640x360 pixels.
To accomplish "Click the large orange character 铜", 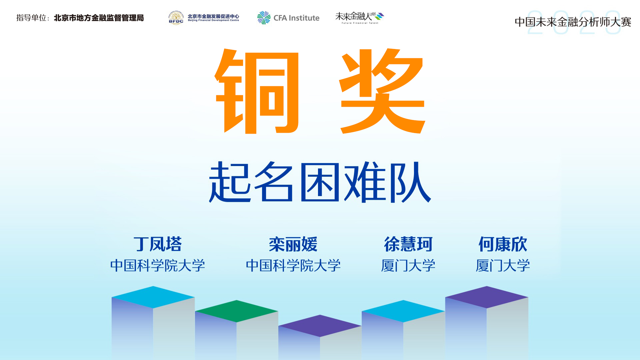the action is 257,91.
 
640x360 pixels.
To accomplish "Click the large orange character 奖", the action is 382,91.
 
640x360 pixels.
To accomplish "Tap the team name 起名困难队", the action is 320,182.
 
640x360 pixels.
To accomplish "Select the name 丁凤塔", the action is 158,244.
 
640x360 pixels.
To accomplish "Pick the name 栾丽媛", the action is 293,244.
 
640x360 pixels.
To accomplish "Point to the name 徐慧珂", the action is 408,244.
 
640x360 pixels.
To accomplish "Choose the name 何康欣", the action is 503,244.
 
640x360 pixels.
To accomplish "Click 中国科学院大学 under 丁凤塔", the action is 158,266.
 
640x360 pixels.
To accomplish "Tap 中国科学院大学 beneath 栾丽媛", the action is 293,266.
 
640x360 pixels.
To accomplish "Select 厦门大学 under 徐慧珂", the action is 408,266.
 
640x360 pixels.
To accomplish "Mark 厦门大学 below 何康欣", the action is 503,266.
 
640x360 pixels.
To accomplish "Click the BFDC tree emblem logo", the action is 176,18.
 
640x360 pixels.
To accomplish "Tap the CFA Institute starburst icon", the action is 264,18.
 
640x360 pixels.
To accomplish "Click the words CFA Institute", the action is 296,18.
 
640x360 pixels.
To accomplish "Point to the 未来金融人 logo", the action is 360,18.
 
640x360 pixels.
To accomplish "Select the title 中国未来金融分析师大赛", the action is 573,22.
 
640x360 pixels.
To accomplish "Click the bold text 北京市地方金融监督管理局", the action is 99,18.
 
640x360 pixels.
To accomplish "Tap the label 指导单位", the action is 31,18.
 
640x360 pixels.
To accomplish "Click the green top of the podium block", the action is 237,311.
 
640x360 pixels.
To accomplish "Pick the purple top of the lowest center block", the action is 320,326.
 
